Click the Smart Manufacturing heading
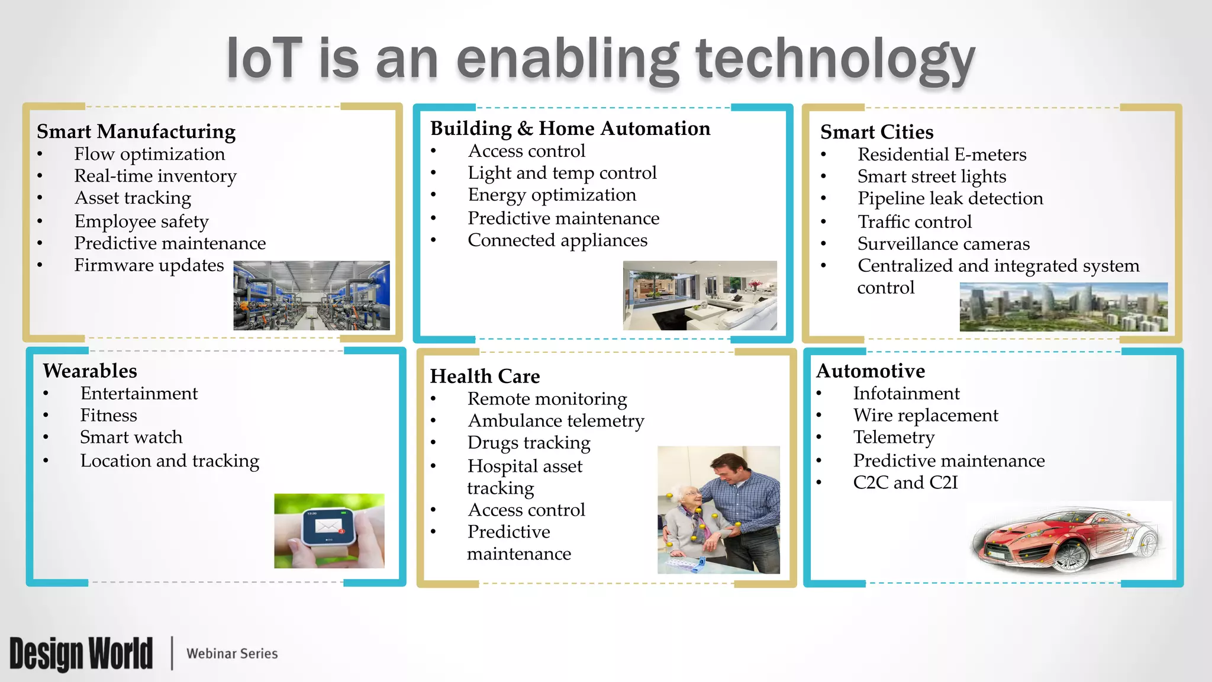pyautogui.click(x=136, y=131)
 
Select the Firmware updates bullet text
pyautogui.click(x=149, y=265)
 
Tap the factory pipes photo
pyautogui.click(x=311, y=295)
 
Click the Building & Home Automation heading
pyautogui.click(x=570, y=128)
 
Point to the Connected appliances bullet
pyautogui.click(x=557, y=240)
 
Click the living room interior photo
pyautogui.click(x=700, y=295)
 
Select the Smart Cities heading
pyautogui.click(x=876, y=132)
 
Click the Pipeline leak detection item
pyautogui.click(x=950, y=198)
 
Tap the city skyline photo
pyautogui.click(x=1063, y=307)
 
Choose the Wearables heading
pyautogui.click(x=90, y=371)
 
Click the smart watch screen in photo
pyautogui.click(x=328, y=526)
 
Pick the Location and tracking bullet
pyautogui.click(x=169, y=461)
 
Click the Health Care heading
pyautogui.click(x=485, y=377)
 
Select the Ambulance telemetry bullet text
pyautogui.click(x=556, y=421)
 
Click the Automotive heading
pyautogui.click(x=871, y=371)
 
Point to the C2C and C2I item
pyautogui.click(x=905, y=482)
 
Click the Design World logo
pyautogui.click(x=81, y=654)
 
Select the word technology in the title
pyautogui.click(x=834, y=59)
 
